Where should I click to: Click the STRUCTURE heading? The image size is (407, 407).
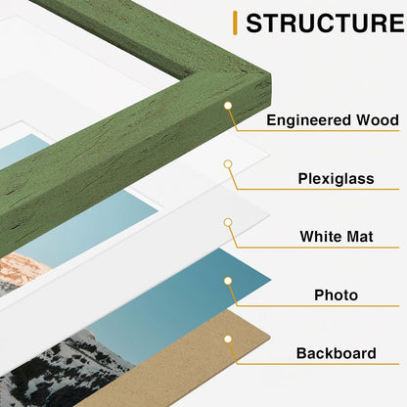coord(325,23)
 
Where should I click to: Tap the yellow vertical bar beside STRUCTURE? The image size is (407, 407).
coord(235,23)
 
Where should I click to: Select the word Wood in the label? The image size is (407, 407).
coord(377,120)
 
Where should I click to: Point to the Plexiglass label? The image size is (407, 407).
coord(336,179)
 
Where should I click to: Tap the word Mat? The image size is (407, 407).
coord(358,236)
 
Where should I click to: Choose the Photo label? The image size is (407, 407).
coord(336,294)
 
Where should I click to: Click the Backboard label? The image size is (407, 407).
coord(336,353)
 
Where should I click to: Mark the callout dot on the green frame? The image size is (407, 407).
coord(228,106)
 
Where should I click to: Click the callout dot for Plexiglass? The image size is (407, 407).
coord(228,164)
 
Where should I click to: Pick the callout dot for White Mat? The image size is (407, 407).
coord(228,222)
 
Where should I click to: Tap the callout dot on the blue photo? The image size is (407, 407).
coord(228,281)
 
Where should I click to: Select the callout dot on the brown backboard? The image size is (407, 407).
coord(228,339)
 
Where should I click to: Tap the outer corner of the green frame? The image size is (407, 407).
coord(271,75)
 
